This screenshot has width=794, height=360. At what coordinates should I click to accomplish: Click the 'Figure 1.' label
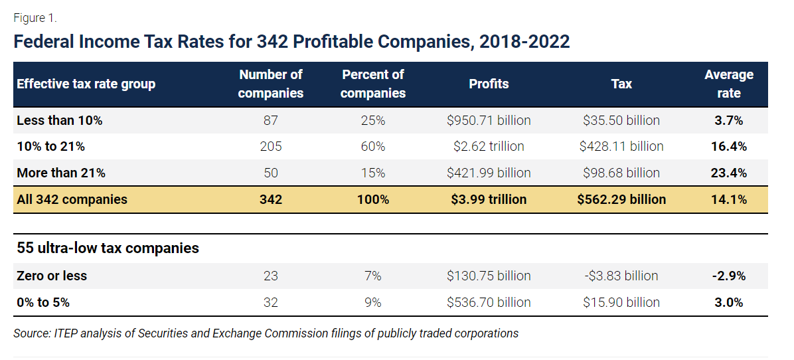click(35, 17)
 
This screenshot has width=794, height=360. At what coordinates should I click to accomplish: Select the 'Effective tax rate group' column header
click(86, 84)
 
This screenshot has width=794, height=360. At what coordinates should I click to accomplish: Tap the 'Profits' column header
click(489, 84)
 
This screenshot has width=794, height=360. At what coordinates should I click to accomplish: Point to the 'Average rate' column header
click(728, 84)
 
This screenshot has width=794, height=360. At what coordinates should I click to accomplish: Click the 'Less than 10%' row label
click(59, 120)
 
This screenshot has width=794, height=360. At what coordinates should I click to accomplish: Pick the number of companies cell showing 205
click(270, 146)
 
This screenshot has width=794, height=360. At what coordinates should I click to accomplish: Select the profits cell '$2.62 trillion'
click(489, 146)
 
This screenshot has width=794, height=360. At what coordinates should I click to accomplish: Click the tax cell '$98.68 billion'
click(621, 173)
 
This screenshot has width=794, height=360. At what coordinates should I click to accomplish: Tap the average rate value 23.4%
click(729, 173)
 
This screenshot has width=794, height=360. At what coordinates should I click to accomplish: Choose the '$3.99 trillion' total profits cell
click(489, 199)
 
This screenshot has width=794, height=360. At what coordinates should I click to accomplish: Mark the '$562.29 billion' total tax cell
click(621, 199)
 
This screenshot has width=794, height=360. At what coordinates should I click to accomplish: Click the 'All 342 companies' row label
click(72, 199)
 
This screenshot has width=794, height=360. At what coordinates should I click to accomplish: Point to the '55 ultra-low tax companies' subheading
click(108, 248)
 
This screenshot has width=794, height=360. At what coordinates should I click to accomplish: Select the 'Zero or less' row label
click(52, 276)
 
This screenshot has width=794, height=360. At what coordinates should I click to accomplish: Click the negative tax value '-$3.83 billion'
click(621, 276)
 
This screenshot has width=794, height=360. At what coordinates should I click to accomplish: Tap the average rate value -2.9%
click(729, 276)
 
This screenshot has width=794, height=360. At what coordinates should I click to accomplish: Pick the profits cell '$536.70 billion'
click(489, 302)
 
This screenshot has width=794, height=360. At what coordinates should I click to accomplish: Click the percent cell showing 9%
click(372, 302)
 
